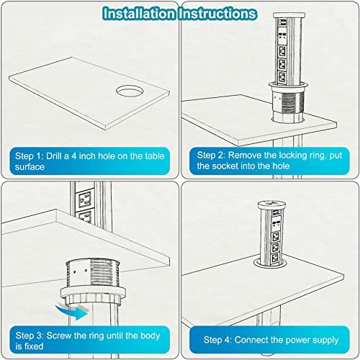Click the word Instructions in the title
(220, 12)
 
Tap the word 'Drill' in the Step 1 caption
(62, 155)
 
